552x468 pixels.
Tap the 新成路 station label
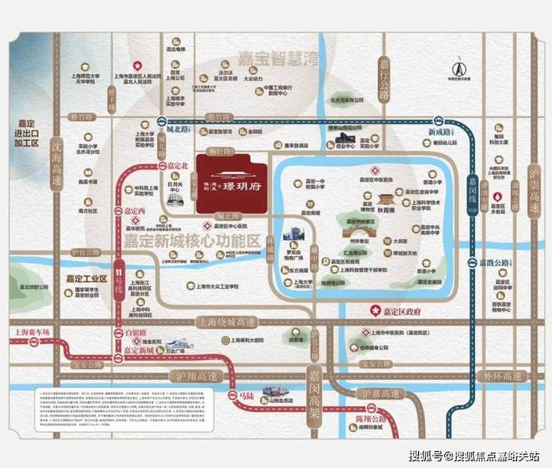(439, 133)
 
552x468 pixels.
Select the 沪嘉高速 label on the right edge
(532, 191)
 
